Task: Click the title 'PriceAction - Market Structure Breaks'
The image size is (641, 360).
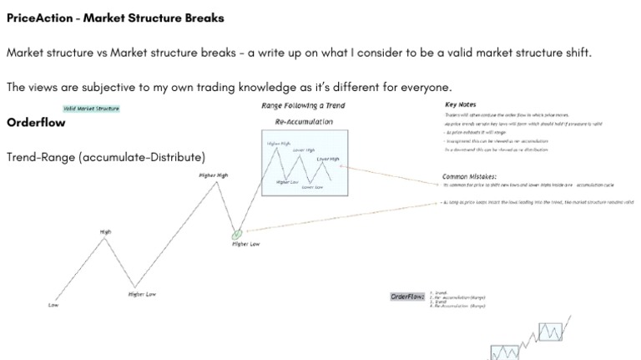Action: click(x=115, y=18)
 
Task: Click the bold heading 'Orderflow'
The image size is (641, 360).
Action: click(x=36, y=123)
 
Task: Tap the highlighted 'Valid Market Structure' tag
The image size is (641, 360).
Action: click(x=91, y=109)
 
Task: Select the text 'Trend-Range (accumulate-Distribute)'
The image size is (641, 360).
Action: click(x=105, y=157)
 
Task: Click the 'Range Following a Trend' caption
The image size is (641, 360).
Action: click(x=303, y=106)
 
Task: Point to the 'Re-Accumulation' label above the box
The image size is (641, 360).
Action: click(x=304, y=122)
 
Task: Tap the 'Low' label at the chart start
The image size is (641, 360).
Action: click(x=53, y=306)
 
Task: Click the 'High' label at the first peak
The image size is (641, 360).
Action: click(x=106, y=232)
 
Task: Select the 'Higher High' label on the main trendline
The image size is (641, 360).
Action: click(x=213, y=175)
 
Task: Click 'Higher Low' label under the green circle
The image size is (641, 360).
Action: click(x=245, y=244)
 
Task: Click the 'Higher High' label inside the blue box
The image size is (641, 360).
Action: click(x=279, y=144)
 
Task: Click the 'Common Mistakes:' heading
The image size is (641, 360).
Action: click(x=469, y=177)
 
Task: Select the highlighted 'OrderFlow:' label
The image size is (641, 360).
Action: click(x=408, y=297)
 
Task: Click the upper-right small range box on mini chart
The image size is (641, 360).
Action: click(x=550, y=332)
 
